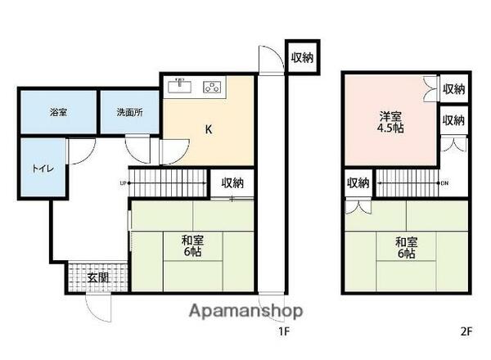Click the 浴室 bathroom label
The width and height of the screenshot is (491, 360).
(56, 112)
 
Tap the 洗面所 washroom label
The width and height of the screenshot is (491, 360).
(129, 112)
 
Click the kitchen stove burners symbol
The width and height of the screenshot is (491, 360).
(213, 85)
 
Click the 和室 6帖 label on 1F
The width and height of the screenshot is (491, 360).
(193, 246)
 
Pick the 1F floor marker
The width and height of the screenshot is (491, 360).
(282, 332)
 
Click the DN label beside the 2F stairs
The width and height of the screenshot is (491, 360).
(444, 182)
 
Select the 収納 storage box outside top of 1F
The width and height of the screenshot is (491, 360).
(301, 57)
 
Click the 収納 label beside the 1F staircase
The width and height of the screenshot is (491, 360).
(232, 183)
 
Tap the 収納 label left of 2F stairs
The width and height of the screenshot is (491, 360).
(357, 183)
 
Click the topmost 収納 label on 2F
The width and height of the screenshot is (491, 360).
(453, 88)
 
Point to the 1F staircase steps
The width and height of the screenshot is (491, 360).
(169, 182)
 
